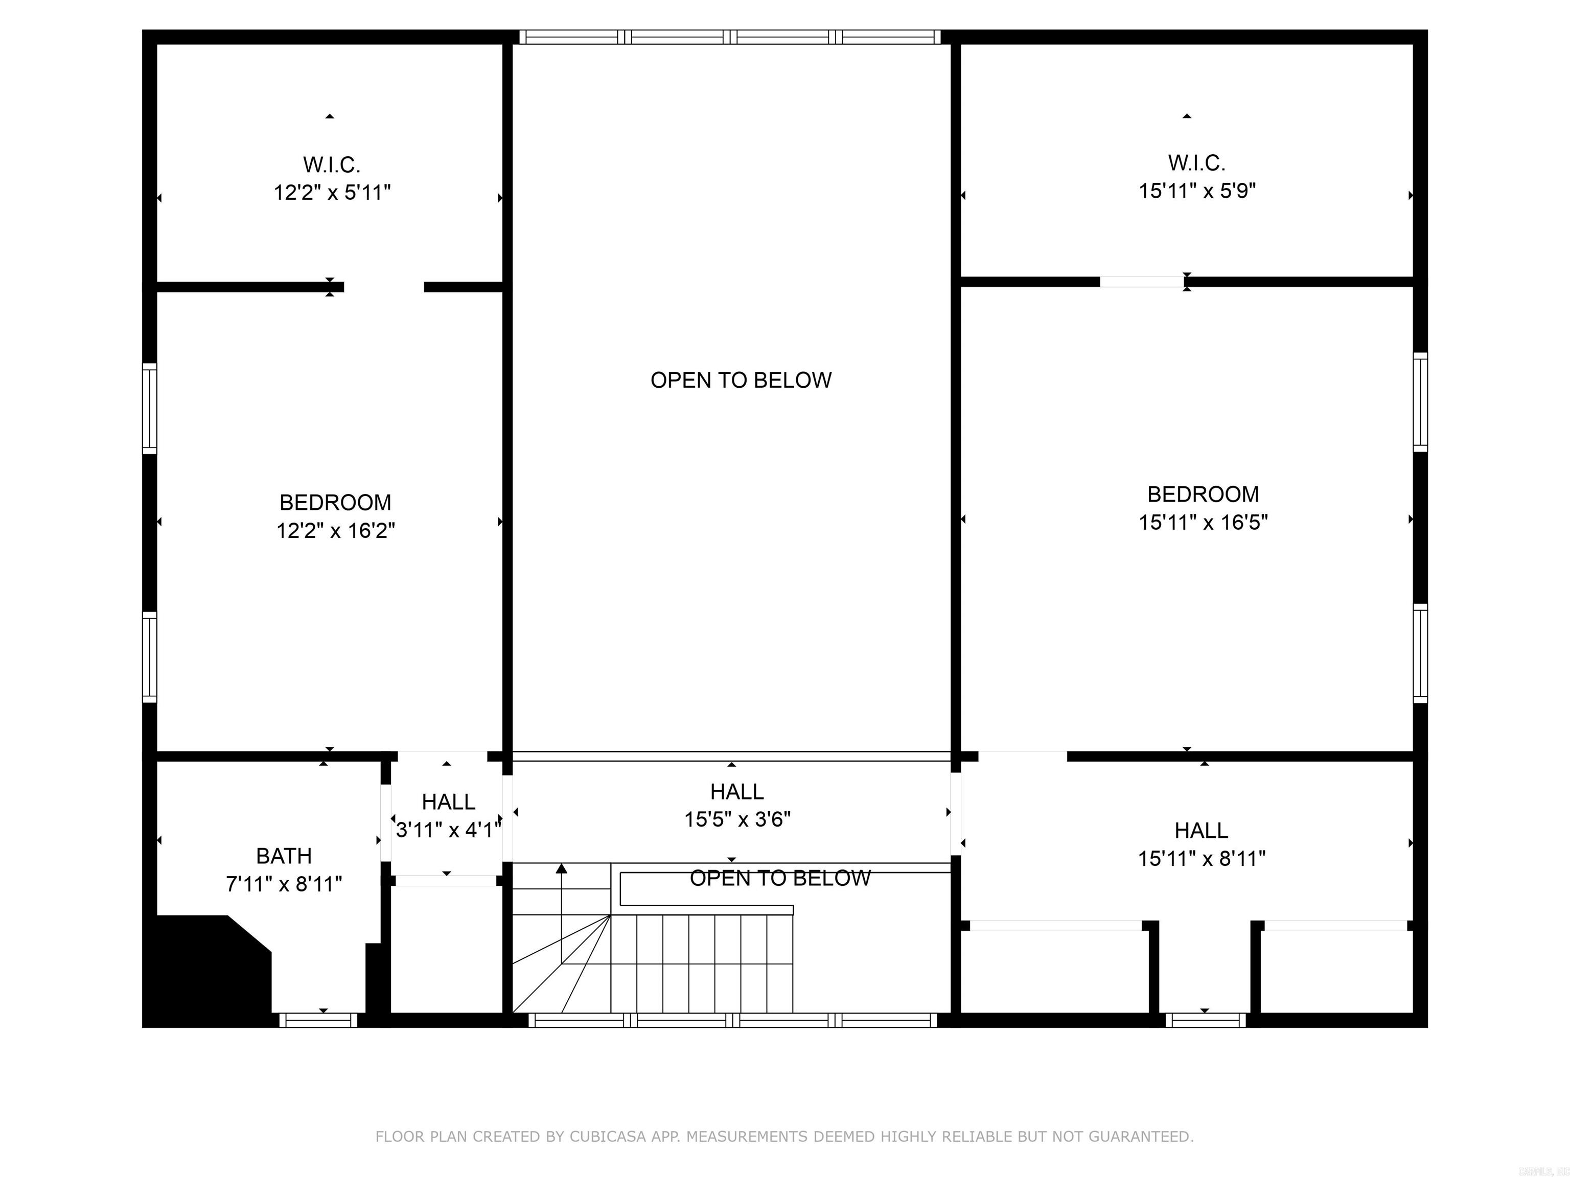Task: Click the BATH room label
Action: click(x=284, y=856)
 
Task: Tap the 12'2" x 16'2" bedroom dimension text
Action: click(x=335, y=531)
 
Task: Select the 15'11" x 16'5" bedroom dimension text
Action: click(x=1203, y=522)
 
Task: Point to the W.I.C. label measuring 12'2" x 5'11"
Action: click(x=332, y=164)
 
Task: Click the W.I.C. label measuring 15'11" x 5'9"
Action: click(x=1196, y=163)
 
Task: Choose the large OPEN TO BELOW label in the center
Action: click(x=741, y=380)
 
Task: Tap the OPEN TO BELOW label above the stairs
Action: click(x=780, y=878)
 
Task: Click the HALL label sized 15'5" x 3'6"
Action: click(x=737, y=792)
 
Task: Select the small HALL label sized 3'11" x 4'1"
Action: click(x=448, y=803)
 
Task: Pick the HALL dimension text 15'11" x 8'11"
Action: click(x=1202, y=858)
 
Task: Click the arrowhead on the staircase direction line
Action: click(x=562, y=868)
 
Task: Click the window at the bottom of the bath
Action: click(x=318, y=1020)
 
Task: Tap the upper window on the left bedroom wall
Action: click(x=150, y=408)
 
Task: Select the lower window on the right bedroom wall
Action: click(x=1420, y=653)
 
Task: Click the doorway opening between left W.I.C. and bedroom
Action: click(x=384, y=287)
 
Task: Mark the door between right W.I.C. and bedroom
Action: click(x=1142, y=281)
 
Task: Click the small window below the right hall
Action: click(x=1205, y=1020)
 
